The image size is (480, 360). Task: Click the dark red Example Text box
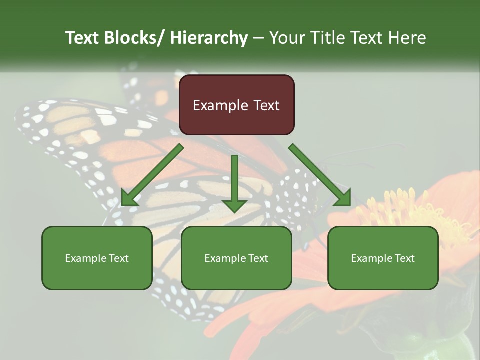coord(236,105)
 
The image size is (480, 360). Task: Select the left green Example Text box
coord(97,258)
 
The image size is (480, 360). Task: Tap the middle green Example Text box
coord(236,258)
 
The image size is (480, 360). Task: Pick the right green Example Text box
coord(383,258)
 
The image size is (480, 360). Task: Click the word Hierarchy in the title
coord(208,38)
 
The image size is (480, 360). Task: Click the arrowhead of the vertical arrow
coord(234,205)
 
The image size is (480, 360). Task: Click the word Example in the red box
coord(217,105)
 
